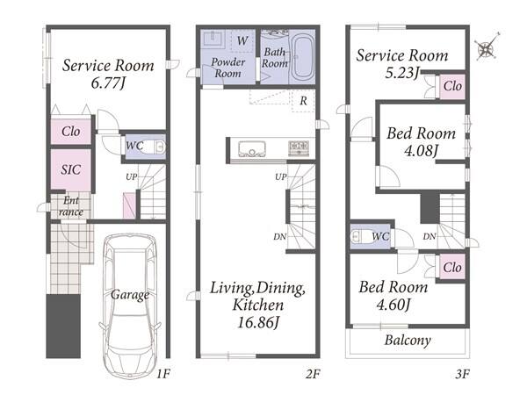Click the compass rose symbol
(x=487, y=47)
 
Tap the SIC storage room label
(x=71, y=169)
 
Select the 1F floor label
(x=163, y=374)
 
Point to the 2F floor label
(x=313, y=374)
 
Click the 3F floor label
(x=463, y=374)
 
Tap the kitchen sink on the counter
(x=252, y=149)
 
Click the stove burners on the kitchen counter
(x=299, y=148)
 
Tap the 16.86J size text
(x=258, y=323)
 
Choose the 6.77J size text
(x=108, y=83)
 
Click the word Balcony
(x=408, y=341)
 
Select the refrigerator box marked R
(x=304, y=100)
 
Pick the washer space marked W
(x=242, y=41)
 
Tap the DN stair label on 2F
(x=280, y=237)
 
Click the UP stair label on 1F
(x=132, y=176)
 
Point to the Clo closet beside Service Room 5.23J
(x=452, y=86)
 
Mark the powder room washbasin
(x=211, y=39)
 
